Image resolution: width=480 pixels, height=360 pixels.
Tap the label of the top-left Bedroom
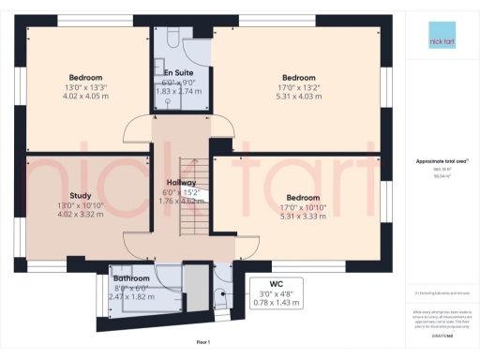click(x=85, y=77)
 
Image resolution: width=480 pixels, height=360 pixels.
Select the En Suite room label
click(x=179, y=72)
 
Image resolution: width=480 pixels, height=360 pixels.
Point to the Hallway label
click(x=181, y=182)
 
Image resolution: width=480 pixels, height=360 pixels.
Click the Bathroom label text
click(x=131, y=278)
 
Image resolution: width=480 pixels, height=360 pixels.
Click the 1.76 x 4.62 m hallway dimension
click(x=181, y=200)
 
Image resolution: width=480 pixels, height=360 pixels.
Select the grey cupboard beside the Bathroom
click(x=195, y=286)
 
